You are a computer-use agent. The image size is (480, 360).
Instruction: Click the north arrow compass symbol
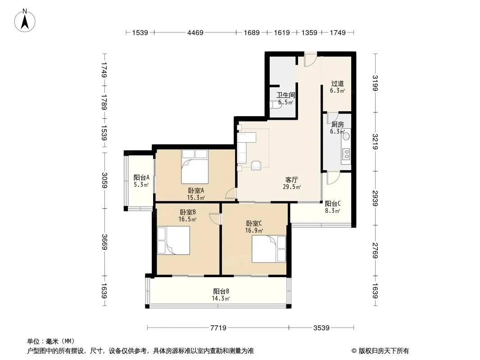coord(25,21)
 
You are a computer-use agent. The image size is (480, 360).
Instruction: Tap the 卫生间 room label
coord(285,95)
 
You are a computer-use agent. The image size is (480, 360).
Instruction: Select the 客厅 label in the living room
coord(291,180)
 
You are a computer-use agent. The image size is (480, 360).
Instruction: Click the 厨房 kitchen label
coord(337,124)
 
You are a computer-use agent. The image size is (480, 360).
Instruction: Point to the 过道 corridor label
coord(337,84)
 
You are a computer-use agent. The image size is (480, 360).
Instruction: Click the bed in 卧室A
coord(195,166)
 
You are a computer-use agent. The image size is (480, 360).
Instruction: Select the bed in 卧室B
coord(173,240)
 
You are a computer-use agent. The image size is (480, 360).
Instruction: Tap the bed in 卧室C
coord(269,249)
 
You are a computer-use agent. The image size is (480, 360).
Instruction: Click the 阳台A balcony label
coord(141,177)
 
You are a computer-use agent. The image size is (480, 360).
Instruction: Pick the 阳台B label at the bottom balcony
coord(221,291)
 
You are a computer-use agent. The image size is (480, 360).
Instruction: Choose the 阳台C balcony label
coord(333,203)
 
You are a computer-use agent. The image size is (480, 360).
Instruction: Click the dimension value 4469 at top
coord(195,32)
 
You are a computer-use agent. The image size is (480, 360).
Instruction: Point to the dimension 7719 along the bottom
coord(218,328)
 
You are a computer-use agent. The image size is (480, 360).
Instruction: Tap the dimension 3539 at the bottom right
coord(321,328)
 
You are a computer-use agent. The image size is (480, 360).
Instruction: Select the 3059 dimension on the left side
coord(105,180)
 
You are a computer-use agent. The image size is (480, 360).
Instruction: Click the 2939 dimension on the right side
coord(375,198)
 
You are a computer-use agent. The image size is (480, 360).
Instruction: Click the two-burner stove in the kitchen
coord(346,154)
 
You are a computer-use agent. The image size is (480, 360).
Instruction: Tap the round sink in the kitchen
coord(346,136)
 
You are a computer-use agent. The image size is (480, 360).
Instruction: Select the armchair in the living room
coord(256,165)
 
